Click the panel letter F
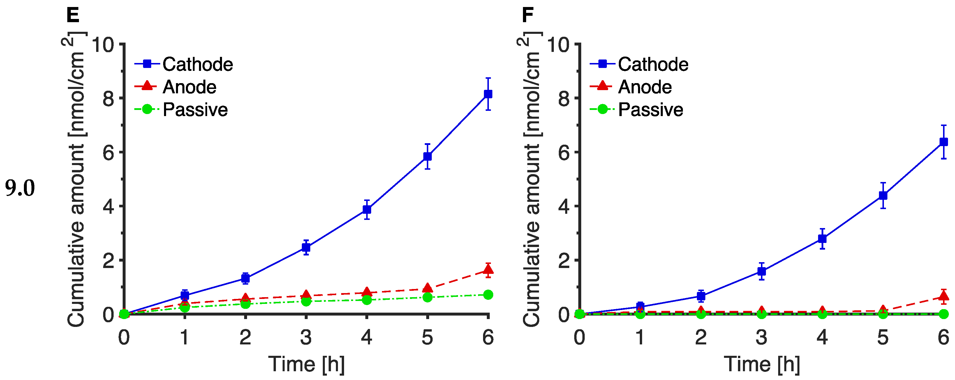coord(528,15)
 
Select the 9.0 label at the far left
coord(20,188)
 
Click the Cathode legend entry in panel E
coord(197,64)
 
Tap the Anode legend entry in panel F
coord(645,87)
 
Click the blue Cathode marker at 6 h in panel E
coord(488,94)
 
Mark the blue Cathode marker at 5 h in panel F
coord(883,195)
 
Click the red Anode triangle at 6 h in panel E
coord(488,269)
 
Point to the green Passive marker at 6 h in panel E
coord(488,295)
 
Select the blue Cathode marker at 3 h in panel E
coord(306,247)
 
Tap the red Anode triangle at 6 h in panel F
coord(944,296)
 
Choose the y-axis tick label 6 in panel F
coord(564,153)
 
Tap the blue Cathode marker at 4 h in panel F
coord(822,239)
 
